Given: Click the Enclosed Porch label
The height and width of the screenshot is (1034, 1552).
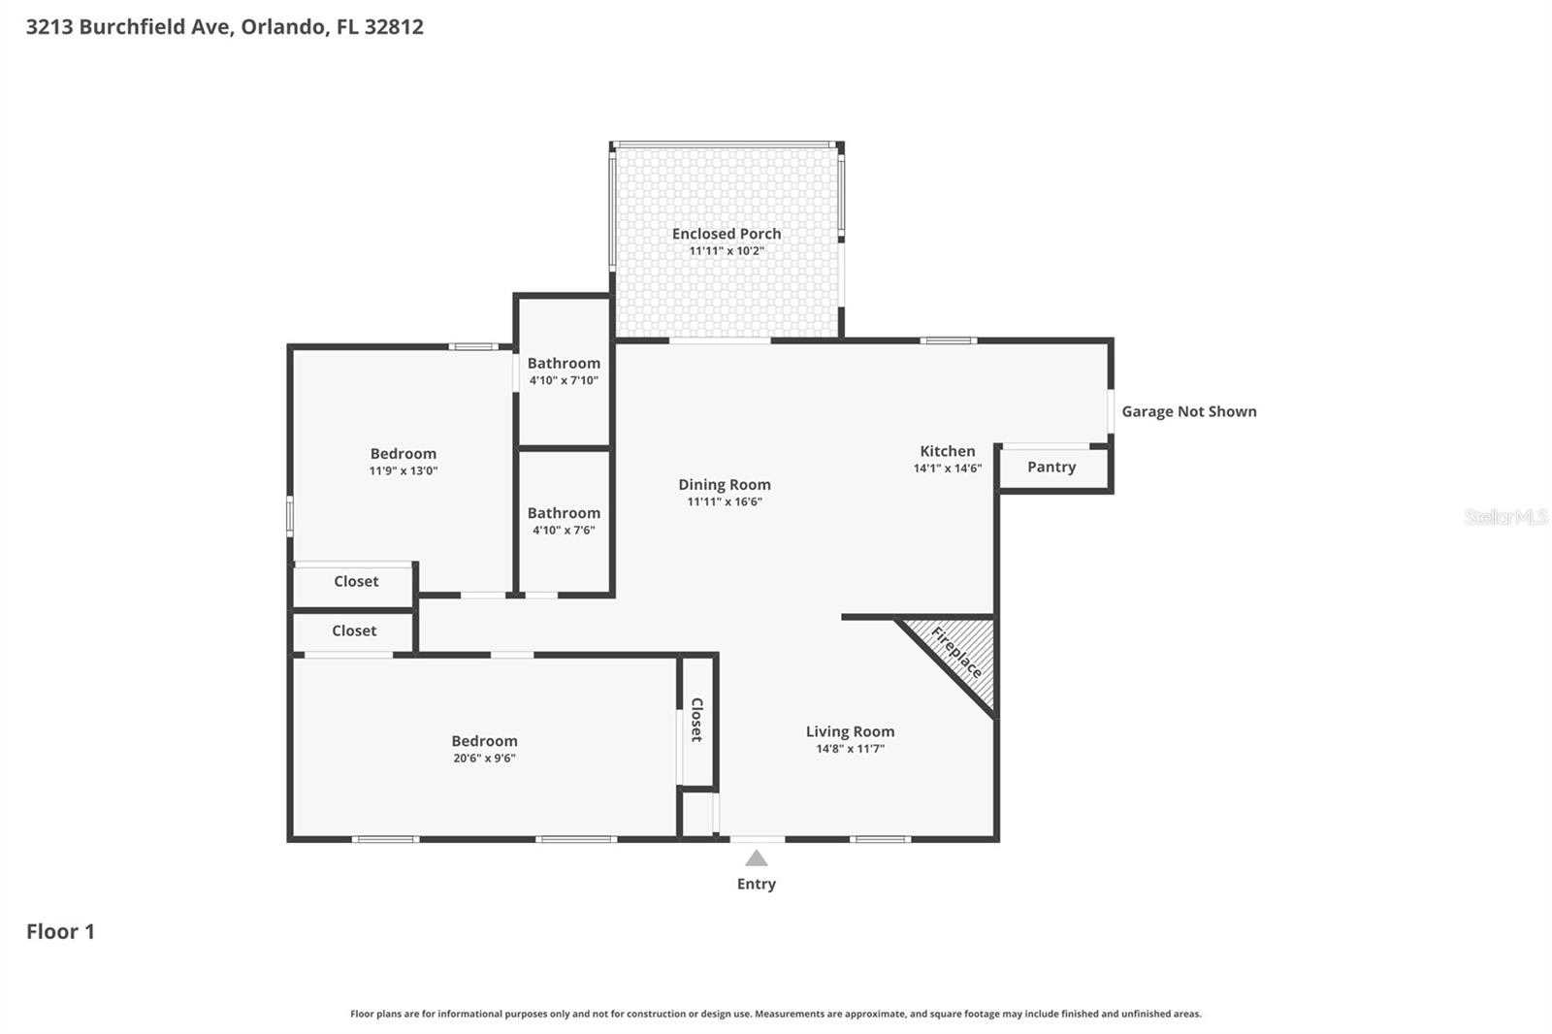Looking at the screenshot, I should point(727,234).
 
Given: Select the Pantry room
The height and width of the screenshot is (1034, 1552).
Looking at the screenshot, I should point(1051,468).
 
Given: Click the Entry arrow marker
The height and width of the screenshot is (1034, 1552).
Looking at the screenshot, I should point(757,858).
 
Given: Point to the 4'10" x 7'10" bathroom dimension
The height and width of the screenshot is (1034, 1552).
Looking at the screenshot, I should point(564,381).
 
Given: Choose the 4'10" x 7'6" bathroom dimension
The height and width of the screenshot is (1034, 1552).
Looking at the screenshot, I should point(564,531).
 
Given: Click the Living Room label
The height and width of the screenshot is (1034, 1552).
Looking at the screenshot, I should point(850,732).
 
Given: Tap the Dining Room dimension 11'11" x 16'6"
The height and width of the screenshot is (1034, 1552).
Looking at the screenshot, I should point(725,502).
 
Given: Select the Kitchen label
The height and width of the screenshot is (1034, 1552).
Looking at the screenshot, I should point(947,451).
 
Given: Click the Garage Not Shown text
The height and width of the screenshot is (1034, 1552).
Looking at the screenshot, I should point(1188,411).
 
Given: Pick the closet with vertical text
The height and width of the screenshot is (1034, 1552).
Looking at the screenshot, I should point(696,720).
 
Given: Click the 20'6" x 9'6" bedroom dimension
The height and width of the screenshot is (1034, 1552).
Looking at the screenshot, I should point(484,759).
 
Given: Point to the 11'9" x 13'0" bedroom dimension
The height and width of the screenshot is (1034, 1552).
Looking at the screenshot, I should point(403,471).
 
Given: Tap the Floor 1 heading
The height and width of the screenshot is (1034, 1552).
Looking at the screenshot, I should point(60,931).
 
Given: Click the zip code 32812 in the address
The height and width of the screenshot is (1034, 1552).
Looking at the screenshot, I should point(393,26).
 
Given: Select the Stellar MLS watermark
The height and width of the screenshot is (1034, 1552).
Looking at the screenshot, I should point(1505,517).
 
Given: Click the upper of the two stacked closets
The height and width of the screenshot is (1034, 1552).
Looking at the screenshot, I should point(355,582).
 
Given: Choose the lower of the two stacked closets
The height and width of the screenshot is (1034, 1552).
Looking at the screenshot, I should point(353,631).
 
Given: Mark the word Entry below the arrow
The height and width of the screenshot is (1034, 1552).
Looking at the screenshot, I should point(757,884).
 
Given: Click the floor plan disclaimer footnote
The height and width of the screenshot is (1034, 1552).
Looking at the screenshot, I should point(775,1014).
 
